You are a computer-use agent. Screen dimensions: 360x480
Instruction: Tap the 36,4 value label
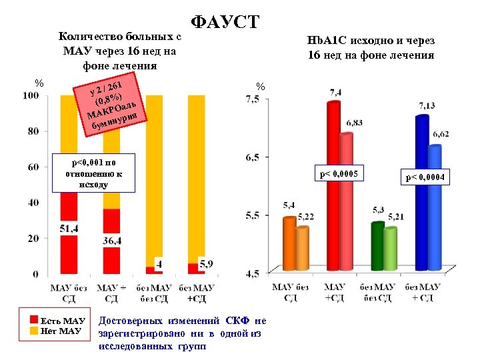click(x=111, y=240)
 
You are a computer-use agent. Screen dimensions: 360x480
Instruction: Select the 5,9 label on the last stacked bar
click(x=206, y=264)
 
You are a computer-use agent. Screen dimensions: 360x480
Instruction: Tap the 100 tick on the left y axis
click(x=30, y=96)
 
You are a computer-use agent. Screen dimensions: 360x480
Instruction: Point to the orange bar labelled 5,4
click(x=289, y=243)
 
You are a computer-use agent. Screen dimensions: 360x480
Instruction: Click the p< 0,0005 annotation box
click(x=339, y=175)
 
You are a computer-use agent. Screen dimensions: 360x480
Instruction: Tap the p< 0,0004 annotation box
click(x=426, y=177)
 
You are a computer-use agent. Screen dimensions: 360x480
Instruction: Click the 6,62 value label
click(x=441, y=135)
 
